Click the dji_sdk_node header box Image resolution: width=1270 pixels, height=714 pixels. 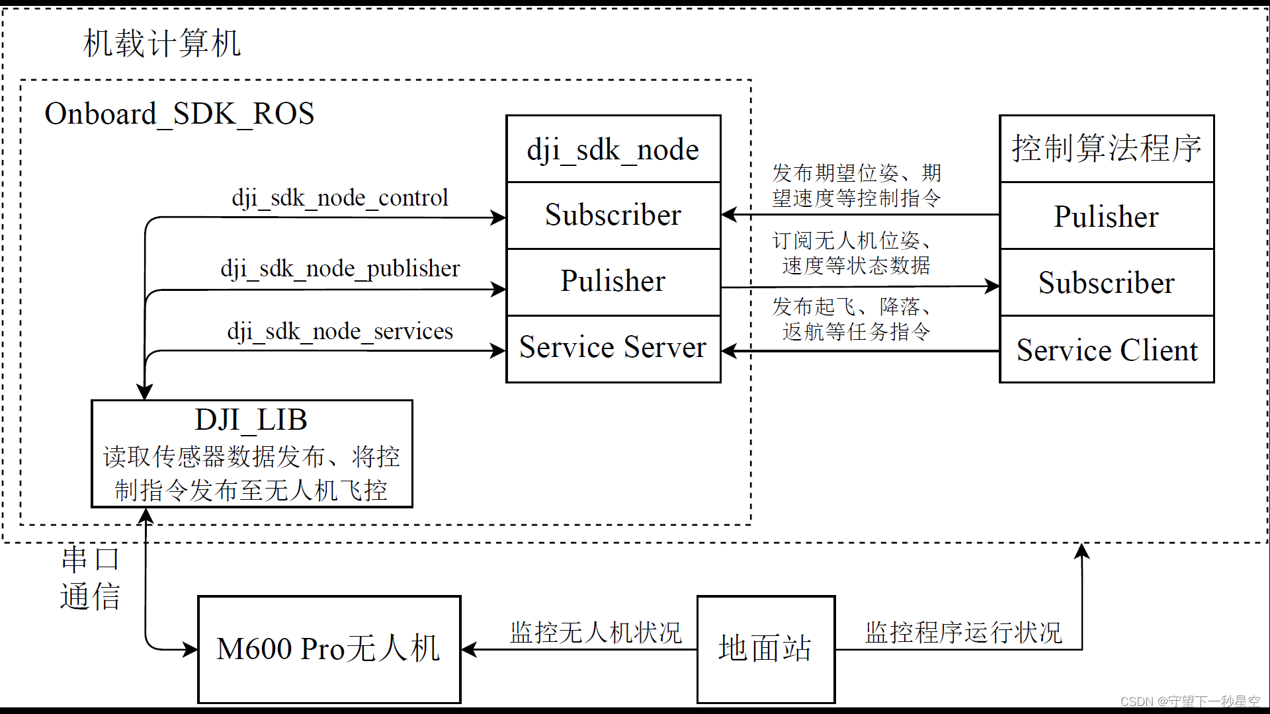tap(613, 149)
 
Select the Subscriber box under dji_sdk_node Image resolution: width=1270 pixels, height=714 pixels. tap(613, 216)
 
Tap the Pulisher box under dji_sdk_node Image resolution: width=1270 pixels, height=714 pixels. tap(613, 282)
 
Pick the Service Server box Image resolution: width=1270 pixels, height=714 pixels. tap(613, 348)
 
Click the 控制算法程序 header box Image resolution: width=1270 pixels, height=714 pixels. tap(1107, 149)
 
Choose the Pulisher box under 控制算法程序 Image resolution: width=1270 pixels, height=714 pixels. tap(1107, 217)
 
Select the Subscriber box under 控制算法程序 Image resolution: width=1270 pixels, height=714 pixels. tap(1107, 283)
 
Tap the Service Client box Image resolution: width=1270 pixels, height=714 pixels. tap(1107, 350)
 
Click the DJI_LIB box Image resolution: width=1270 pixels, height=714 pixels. tap(251, 454)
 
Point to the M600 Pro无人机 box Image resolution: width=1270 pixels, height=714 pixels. tap(329, 649)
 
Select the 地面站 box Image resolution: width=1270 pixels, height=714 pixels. tap(766, 649)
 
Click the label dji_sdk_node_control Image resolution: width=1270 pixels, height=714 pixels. tap(340, 198)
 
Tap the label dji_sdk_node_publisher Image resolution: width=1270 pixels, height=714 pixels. tap(340, 268)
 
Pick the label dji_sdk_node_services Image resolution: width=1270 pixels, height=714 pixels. tap(340, 331)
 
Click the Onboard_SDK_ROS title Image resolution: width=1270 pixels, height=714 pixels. tap(179, 114)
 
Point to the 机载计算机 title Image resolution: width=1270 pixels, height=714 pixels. tap(162, 44)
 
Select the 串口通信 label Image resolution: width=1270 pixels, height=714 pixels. tap(91, 578)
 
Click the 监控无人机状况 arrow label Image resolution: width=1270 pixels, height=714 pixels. tap(595, 633)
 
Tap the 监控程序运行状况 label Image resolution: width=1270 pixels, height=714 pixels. tap(963, 633)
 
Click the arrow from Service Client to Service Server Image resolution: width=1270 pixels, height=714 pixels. tap(860, 351)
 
